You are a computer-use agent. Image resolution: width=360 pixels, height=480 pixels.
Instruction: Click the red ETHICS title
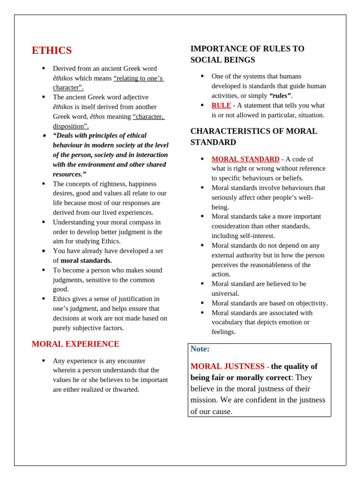[52, 51]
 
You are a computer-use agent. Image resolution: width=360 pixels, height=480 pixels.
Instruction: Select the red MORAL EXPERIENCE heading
[75, 344]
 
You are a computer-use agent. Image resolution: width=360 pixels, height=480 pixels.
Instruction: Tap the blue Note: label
[200, 349]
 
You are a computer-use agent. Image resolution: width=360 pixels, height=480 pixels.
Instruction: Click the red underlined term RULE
[221, 105]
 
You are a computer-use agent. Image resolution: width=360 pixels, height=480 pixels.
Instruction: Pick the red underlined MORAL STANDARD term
[245, 159]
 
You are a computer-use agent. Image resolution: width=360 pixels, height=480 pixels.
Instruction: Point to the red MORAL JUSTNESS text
[227, 367]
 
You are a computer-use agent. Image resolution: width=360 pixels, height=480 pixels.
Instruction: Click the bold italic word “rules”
[280, 96]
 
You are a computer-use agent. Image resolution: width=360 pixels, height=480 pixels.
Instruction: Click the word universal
[225, 293]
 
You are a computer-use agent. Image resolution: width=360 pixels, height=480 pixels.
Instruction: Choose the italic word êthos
[97, 116]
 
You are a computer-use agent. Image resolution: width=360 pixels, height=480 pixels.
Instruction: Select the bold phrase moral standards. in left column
[86, 261]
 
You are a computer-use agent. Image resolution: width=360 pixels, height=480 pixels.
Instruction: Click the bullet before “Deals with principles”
[44, 136]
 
